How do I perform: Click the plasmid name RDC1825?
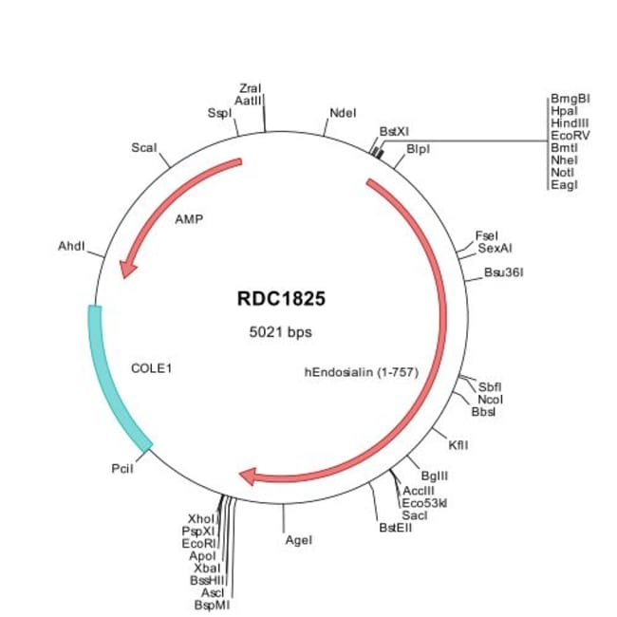coord(281,299)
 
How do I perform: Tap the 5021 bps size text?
coord(280,332)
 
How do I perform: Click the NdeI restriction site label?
coord(343,114)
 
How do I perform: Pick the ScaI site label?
coord(144,148)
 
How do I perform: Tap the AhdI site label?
coord(72,247)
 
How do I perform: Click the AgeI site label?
coord(298,540)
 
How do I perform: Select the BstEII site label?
coord(396,527)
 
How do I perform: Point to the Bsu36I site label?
coord(504,272)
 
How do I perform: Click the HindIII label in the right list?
coord(570,122)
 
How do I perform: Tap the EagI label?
coord(564,184)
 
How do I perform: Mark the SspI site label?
coord(219,113)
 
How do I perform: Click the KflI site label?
coord(458,443)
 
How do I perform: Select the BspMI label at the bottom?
coord(213,604)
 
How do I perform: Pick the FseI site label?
coord(486,235)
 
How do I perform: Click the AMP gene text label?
coord(190,217)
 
